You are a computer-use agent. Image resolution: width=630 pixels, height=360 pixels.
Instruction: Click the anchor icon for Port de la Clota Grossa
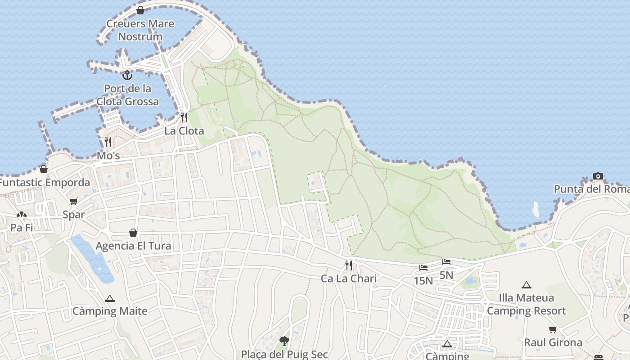coord(127,75)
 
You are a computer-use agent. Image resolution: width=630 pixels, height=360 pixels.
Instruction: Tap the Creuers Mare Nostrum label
coord(140,30)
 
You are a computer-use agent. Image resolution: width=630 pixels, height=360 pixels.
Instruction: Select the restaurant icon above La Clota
coord(184,117)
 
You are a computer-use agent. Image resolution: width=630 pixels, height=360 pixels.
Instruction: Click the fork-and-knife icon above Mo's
coord(108,142)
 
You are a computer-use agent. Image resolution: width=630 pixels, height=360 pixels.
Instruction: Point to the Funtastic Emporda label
coord(45,183)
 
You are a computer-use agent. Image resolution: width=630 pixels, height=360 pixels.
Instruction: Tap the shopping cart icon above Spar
coord(73,201)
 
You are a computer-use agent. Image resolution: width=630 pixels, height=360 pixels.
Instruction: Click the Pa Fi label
coord(22,228)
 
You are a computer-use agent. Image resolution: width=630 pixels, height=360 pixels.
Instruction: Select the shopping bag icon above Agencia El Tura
coord(133,233)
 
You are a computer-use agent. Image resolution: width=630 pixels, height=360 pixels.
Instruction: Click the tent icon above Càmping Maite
coord(110,298)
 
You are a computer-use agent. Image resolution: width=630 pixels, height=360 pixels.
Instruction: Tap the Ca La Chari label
coord(349,279)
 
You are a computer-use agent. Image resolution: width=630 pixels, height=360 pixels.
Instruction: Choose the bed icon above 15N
coord(423,268)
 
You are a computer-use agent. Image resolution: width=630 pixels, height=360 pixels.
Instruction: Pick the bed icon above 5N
coord(446,261)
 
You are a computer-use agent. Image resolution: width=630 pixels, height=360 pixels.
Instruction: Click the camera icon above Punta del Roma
coord(598,176)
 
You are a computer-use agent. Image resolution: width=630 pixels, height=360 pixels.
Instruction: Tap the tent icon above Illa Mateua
coord(526,285)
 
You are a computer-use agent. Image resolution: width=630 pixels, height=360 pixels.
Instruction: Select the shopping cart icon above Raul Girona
coord(553,329)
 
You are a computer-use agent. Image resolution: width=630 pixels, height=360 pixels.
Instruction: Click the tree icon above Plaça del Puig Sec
coord(284,341)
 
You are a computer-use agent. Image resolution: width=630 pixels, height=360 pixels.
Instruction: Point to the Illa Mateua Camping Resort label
coord(526,304)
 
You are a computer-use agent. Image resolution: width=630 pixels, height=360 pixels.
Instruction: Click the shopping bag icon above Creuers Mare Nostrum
coord(140,10)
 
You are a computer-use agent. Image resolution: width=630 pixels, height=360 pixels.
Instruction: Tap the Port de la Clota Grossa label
coord(127,95)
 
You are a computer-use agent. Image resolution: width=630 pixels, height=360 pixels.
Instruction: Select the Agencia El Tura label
coord(133,246)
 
